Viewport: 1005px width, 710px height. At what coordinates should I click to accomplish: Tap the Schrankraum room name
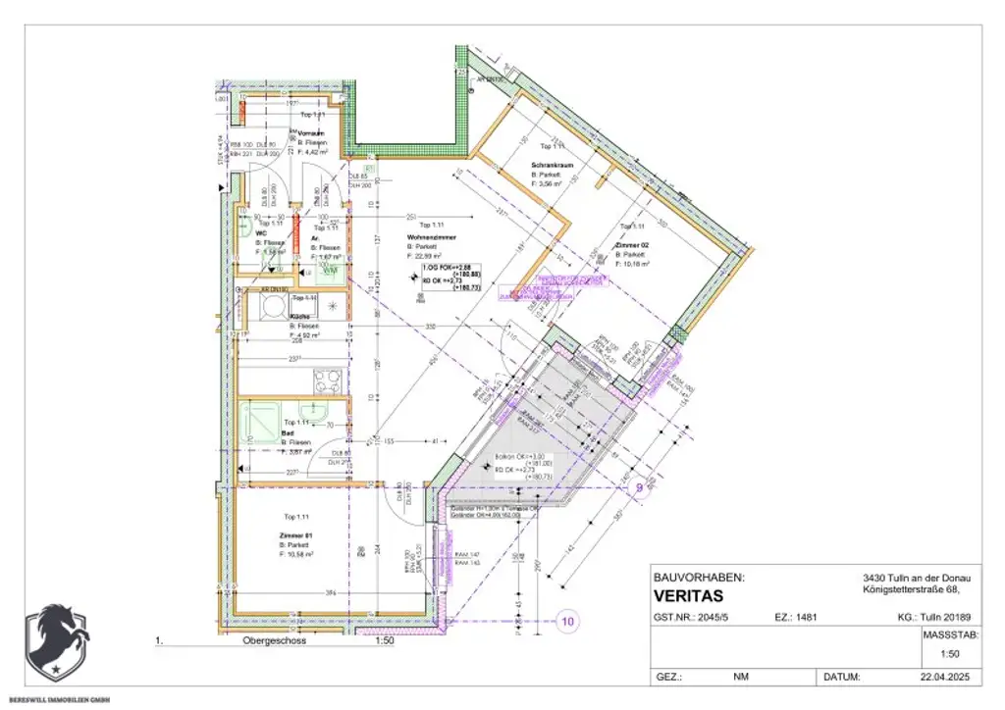click(x=552, y=164)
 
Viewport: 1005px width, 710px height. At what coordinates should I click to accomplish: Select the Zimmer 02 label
click(x=634, y=245)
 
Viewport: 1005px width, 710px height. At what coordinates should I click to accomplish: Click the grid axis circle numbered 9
click(x=638, y=486)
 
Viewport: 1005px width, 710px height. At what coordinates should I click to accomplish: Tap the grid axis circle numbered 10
click(x=567, y=620)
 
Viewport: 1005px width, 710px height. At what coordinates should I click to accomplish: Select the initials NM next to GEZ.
click(x=740, y=677)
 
